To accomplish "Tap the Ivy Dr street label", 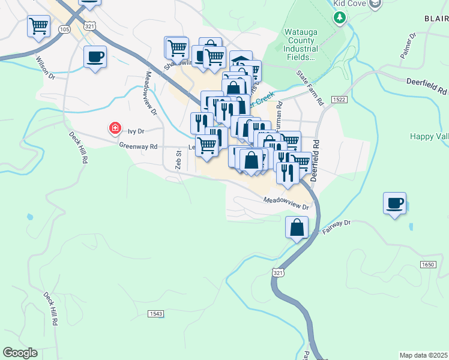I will [137, 130].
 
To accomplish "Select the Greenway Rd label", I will [138, 146].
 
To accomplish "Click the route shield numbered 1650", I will [427, 264].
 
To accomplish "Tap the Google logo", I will [20, 353].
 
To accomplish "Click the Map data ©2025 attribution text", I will [424, 355].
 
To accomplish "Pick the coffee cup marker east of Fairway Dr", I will [394, 203].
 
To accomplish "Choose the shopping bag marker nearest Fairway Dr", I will [297, 228].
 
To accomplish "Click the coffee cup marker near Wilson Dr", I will [95, 57].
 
